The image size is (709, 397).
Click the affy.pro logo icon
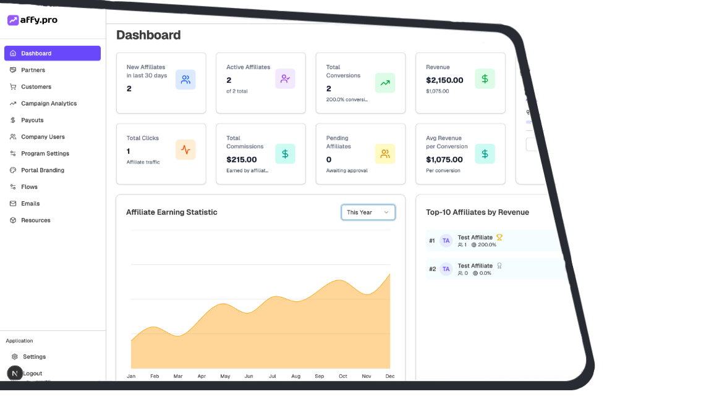pos(13,20)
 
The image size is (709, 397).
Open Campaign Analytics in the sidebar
pos(49,104)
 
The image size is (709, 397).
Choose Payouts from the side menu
pos(32,120)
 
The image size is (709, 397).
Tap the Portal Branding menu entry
pos(42,170)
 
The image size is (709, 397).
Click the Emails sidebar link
pos(30,204)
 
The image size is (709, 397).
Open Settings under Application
pos(34,357)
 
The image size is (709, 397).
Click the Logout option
pos(33,374)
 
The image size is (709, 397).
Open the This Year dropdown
pos(368,212)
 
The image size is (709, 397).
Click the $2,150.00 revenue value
pos(444,80)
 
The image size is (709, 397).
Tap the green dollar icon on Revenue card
pos(485,79)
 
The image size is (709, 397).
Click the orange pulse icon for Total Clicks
pos(185,150)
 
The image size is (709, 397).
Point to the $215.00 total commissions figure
pos(242,160)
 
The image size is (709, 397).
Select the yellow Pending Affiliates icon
pos(385,154)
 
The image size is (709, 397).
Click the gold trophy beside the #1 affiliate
pos(499,237)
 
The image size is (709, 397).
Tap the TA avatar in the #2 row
pos(446,269)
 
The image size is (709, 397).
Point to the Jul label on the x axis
pos(272,376)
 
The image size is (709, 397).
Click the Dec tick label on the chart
pos(390,376)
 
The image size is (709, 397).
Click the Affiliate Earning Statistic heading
pos(172,212)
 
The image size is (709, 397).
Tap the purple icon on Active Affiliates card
pos(285,79)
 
